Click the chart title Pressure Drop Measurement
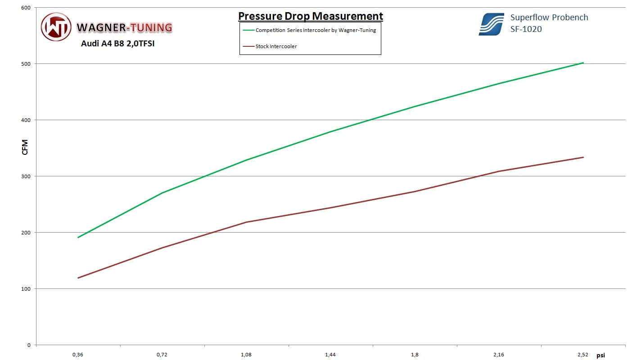(x=310, y=16)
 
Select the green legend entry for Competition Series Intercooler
(x=315, y=31)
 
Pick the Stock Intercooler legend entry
(x=276, y=46)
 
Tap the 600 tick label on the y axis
(x=26, y=8)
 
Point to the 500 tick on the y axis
(x=26, y=64)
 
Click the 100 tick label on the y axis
(x=26, y=289)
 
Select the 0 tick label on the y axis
(x=29, y=345)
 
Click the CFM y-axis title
(x=25, y=147)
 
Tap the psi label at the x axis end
(x=601, y=355)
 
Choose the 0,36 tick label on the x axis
(x=77, y=355)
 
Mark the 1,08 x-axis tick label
(x=246, y=355)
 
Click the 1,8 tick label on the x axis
(x=415, y=355)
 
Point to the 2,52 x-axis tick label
(x=583, y=355)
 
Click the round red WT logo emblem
(x=56, y=27)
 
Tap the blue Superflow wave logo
(x=491, y=24)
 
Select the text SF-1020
(x=526, y=29)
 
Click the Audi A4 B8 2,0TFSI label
(x=117, y=44)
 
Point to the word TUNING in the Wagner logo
(x=150, y=28)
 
